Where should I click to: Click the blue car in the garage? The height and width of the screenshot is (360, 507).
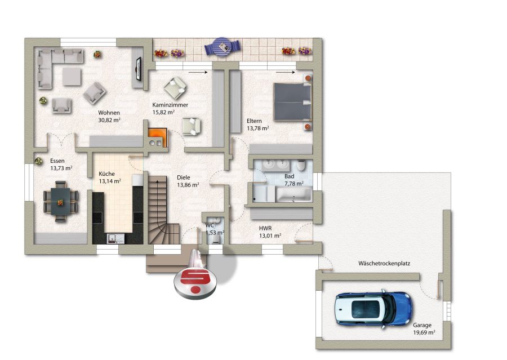(373, 309)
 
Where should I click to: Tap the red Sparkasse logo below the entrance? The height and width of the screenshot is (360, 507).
(195, 277)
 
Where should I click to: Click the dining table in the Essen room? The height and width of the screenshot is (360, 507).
(61, 202)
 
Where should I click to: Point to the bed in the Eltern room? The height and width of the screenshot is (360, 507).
(292, 102)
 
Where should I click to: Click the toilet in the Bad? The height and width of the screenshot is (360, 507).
(301, 165)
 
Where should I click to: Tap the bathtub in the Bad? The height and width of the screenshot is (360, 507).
(293, 194)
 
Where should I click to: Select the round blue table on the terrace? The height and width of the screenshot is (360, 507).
(222, 47)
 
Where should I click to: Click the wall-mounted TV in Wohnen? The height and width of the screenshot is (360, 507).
(139, 69)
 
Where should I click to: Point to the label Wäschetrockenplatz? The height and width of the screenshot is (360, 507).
(384, 263)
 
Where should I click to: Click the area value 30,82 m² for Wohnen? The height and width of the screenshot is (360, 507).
(109, 120)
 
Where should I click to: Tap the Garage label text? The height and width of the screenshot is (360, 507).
(422, 326)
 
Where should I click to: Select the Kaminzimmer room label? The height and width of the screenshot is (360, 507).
(170, 105)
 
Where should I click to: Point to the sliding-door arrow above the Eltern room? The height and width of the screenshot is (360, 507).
(286, 73)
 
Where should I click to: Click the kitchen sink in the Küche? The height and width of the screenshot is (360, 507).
(115, 238)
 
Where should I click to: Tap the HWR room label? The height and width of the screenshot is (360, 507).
(265, 228)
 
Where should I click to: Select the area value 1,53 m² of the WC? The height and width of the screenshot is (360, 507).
(215, 233)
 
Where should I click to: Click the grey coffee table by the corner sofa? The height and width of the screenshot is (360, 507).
(72, 77)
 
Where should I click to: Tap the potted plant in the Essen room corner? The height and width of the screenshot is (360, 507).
(39, 161)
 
